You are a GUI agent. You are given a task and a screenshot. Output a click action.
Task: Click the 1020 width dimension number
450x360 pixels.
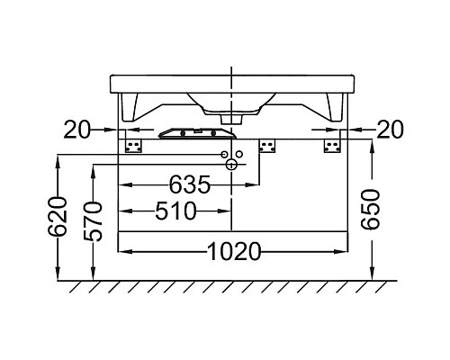(234, 251)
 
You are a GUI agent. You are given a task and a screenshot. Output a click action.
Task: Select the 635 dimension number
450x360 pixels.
(190, 184)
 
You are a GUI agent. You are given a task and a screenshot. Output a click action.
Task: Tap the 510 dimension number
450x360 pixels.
(175, 211)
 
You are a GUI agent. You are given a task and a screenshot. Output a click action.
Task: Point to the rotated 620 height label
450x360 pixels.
(57, 217)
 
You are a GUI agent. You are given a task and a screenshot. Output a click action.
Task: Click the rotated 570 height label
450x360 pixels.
(93, 221)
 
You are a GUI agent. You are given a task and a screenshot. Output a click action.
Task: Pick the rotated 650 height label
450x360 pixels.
(371, 210)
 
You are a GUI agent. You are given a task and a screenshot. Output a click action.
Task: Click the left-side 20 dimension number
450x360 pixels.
(76, 130)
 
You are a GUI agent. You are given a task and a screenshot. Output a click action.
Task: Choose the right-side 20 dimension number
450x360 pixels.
(390, 130)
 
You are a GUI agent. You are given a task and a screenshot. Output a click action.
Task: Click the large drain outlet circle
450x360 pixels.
(231, 165)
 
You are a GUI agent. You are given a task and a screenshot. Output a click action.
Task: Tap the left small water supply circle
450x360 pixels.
(224, 154)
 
